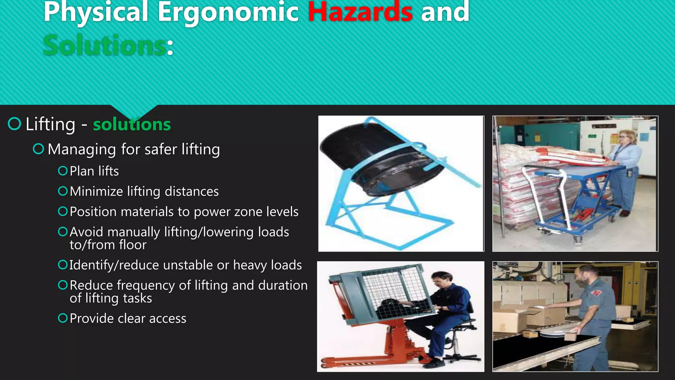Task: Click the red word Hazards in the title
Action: [x=360, y=13]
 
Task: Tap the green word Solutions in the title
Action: [x=105, y=46]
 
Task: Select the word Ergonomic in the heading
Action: [x=228, y=13]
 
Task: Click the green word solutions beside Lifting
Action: [x=132, y=124]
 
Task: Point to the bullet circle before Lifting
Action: [x=15, y=124]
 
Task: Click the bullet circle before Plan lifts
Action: [x=63, y=171]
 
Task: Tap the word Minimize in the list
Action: [x=96, y=191]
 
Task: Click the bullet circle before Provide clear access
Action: [x=63, y=318]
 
